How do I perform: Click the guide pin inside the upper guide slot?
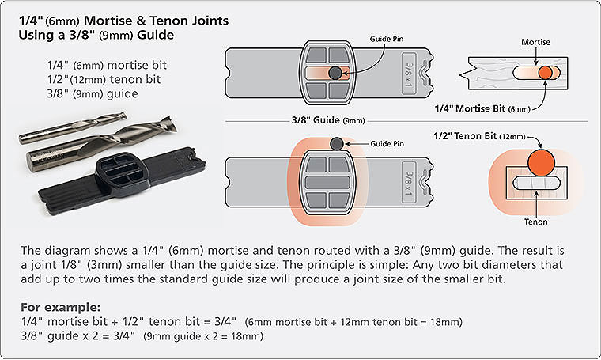coord(335,73)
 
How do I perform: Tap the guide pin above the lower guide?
coord(337,144)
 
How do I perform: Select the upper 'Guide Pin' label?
coord(387,39)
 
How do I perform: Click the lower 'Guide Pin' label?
coord(387,144)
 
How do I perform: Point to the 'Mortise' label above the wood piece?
coord(535,42)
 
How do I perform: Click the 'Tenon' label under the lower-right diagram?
coord(536,222)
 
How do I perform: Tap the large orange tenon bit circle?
coord(541,162)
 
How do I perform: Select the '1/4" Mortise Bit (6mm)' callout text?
coord(482,109)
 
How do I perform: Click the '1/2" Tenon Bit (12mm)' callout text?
coord(479,136)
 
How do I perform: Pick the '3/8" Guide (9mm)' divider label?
coord(328,120)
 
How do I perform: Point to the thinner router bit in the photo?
coord(73,127)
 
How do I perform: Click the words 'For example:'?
coord(61,307)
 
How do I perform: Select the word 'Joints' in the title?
coord(210,21)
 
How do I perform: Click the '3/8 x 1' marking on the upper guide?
coord(409,74)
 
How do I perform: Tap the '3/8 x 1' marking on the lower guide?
coord(409,183)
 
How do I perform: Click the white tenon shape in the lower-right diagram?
coord(537,184)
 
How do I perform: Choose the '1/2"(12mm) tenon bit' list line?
coord(104,79)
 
